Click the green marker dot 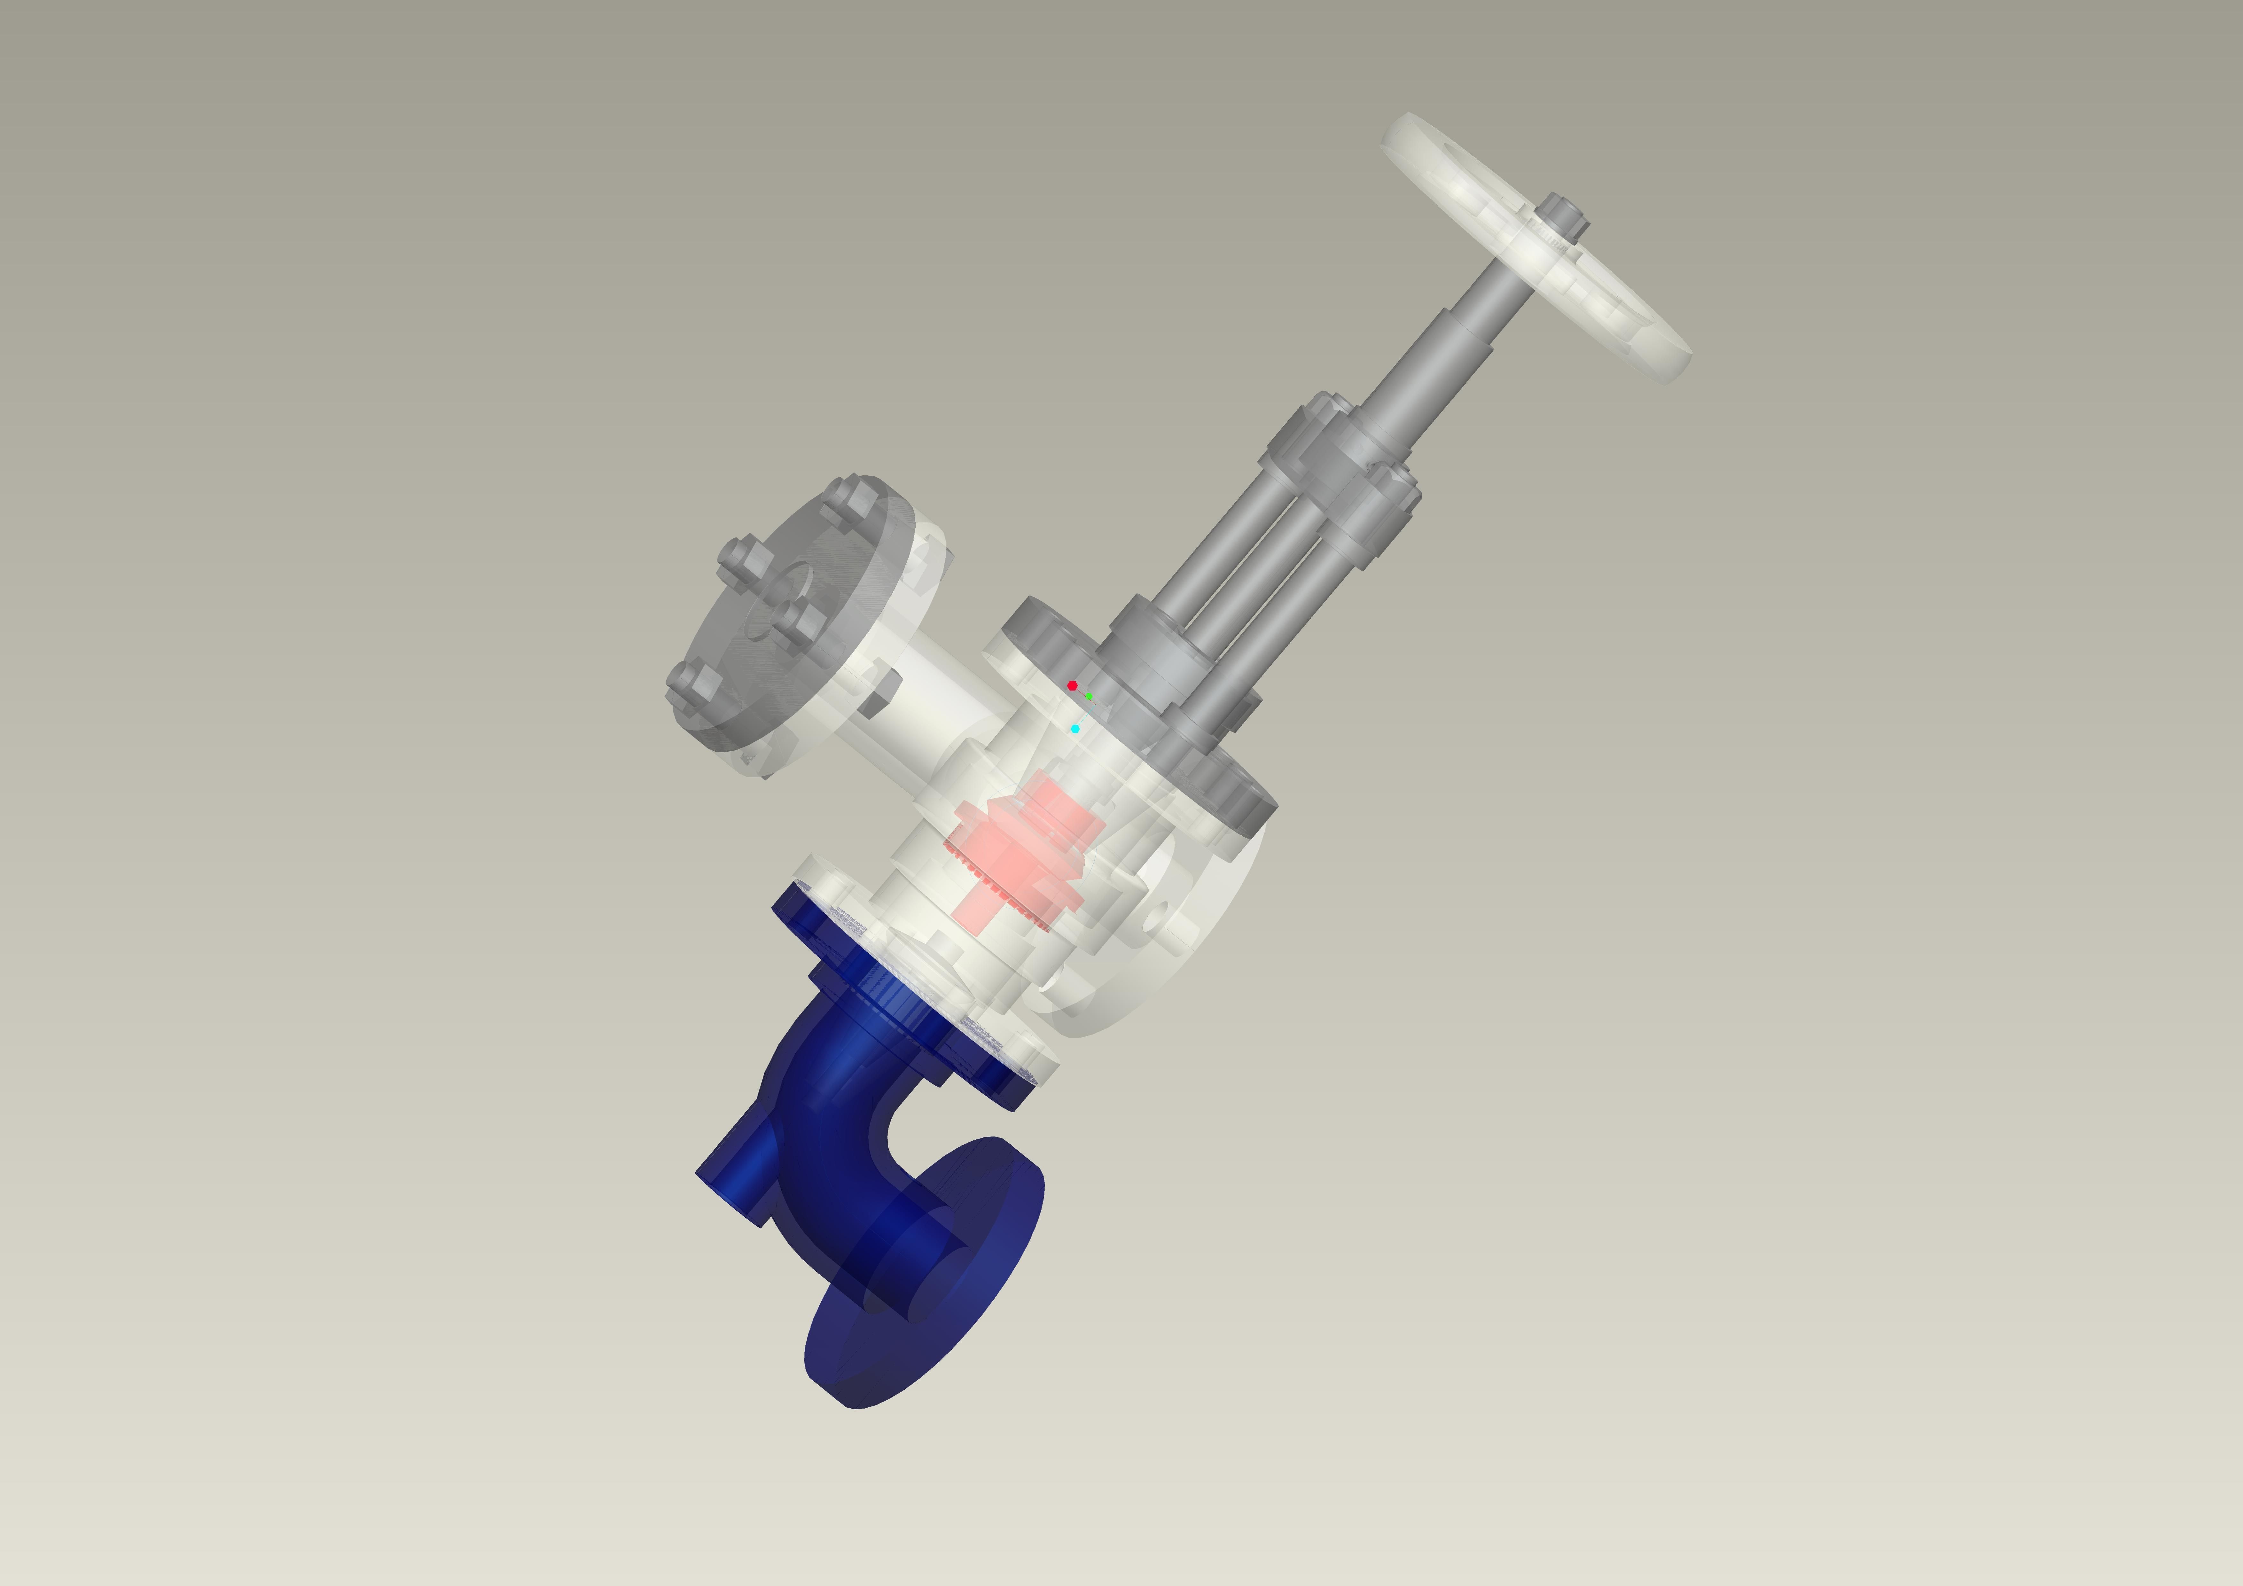click(1089, 697)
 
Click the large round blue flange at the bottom click(923, 1300)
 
